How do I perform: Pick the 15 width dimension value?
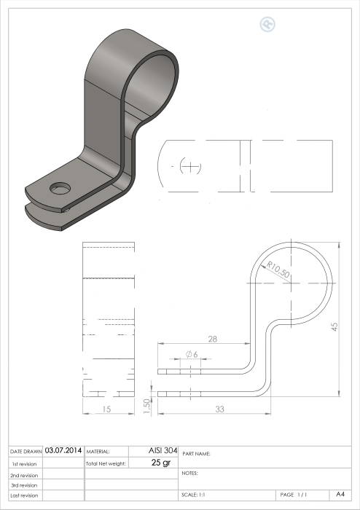[x=107, y=410]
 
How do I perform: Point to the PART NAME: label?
[x=196, y=453]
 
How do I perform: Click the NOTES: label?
[x=189, y=474]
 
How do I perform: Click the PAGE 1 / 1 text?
[x=293, y=495]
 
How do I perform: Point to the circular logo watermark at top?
[x=267, y=24]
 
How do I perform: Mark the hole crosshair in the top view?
[x=192, y=166]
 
